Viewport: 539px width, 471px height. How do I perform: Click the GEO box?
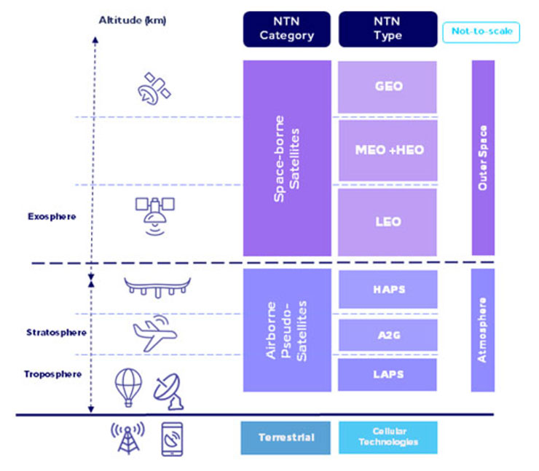click(387, 87)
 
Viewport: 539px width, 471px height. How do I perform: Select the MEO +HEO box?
click(387, 150)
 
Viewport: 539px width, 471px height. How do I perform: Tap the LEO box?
click(387, 221)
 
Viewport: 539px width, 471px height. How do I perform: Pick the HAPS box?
click(387, 289)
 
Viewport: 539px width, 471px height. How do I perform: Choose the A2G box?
click(387, 334)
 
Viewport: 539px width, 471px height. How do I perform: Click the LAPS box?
click(387, 374)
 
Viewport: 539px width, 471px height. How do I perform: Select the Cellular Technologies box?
click(387, 437)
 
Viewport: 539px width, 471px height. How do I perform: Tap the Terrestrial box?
click(286, 437)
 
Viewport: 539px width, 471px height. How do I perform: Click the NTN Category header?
click(286, 29)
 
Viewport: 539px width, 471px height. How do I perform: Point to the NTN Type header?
click(387, 29)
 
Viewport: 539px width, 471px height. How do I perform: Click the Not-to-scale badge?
click(481, 31)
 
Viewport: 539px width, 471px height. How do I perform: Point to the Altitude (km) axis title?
click(133, 20)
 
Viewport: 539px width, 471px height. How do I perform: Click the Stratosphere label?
click(57, 333)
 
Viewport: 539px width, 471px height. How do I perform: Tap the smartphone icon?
click(171, 438)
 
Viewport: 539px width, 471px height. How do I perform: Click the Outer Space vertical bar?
click(482, 157)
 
